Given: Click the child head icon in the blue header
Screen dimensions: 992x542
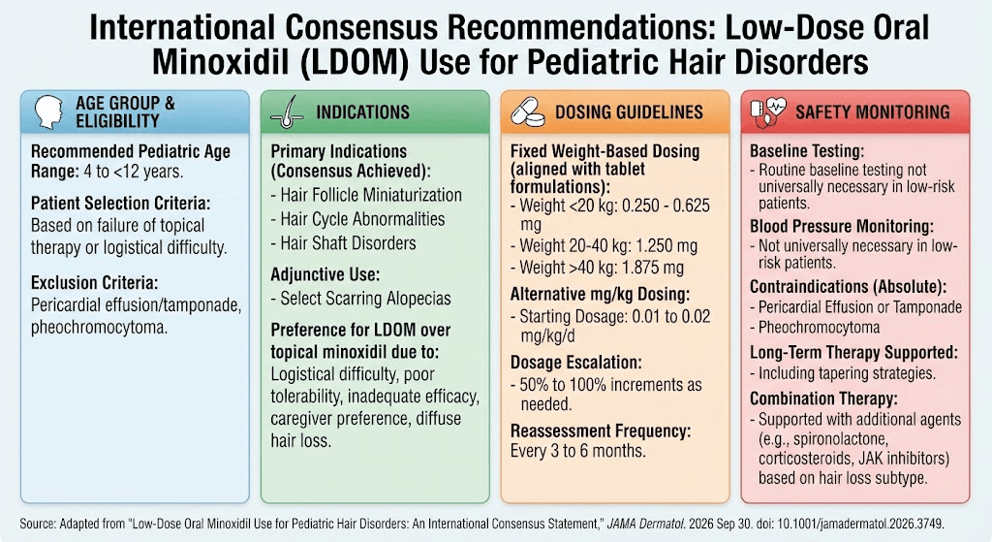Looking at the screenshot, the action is (x=48, y=112).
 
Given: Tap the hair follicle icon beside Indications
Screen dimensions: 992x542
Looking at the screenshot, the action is (x=287, y=112).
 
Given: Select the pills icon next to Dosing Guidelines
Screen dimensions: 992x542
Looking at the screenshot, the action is (x=528, y=112).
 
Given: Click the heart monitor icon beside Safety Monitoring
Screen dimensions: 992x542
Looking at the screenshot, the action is (x=767, y=112).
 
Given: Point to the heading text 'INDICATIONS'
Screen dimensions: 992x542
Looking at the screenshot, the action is (x=363, y=112).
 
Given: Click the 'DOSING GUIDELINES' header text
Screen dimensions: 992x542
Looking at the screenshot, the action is (x=629, y=112).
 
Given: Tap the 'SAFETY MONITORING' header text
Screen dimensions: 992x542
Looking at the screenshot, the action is (x=873, y=112).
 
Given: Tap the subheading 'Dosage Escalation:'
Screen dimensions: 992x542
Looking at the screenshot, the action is (x=575, y=363).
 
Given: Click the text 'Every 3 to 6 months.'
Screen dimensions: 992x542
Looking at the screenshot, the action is (x=577, y=451).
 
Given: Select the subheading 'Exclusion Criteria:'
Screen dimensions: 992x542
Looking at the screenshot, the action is (x=94, y=283).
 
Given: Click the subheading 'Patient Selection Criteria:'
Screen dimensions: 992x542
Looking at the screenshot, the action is (x=121, y=204).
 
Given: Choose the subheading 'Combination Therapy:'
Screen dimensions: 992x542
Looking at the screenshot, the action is (x=823, y=399).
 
